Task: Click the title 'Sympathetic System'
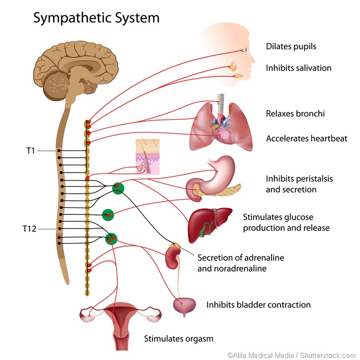click(x=96, y=18)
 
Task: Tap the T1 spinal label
click(x=30, y=150)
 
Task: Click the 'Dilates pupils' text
click(x=291, y=47)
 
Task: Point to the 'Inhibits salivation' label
click(x=298, y=68)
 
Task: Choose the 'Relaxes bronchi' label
click(x=295, y=114)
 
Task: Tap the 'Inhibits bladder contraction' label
click(x=258, y=304)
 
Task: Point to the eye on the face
click(x=245, y=50)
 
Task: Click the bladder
click(x=184, y=307)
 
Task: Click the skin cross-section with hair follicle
click(x=147, y=157)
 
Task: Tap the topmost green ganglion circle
click(x=118, y=187)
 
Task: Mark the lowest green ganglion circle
click(x=111, y=239)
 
